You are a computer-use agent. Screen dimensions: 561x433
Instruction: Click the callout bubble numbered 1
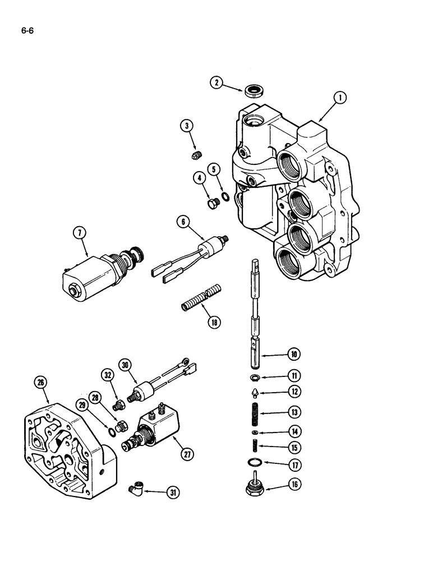[339, 99]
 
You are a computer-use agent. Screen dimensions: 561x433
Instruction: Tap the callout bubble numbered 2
[216, 83]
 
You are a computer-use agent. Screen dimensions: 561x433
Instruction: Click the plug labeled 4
[211, 204]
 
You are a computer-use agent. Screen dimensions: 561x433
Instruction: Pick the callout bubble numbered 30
[125, 365]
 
